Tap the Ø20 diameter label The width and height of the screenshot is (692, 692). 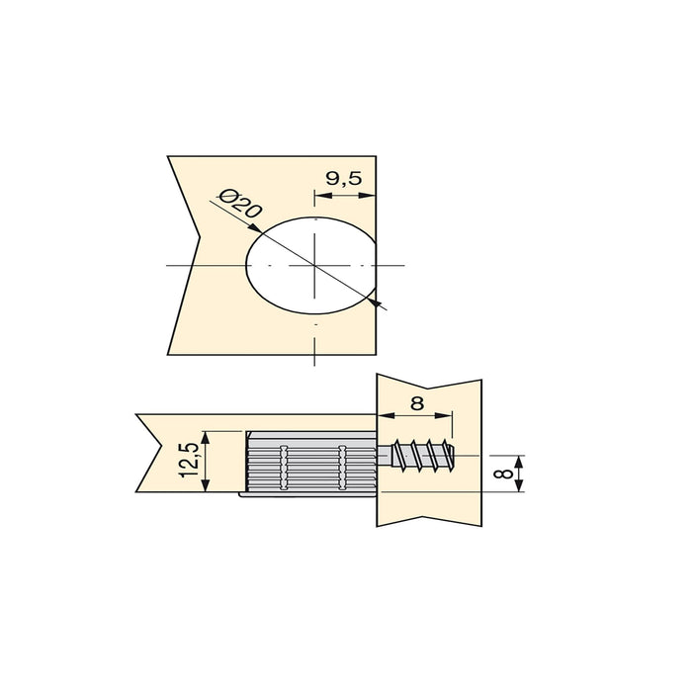click(241, 204)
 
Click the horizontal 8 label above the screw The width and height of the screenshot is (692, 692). click(415, 403)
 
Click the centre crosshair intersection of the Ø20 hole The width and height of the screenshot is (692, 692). click(315, 267)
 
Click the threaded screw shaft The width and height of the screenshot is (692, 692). click(423, 456)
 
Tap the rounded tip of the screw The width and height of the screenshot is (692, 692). click(456, 456)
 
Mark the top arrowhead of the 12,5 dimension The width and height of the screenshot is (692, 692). click(207, 434)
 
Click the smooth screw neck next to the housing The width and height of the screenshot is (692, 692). click(386, 457)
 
